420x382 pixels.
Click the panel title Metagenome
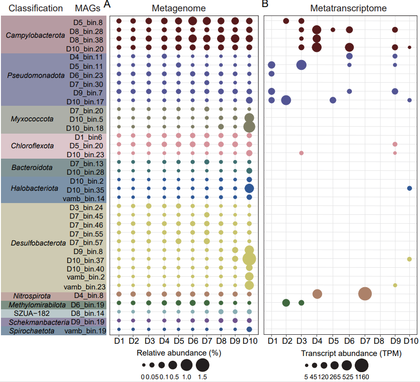[x=179, y=8]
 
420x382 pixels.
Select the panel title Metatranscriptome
[x=349, y=8]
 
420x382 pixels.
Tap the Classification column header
[x=35, y=8]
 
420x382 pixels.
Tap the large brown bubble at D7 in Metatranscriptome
[x=365, y=294]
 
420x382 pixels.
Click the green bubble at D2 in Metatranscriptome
[x=286, y=303]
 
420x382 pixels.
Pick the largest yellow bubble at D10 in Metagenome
[x=249, y=259]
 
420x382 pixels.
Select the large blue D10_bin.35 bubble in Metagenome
[x=249, y=188]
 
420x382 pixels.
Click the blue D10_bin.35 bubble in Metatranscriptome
[x=410, y=188]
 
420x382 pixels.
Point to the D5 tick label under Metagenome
[x=178, y=341]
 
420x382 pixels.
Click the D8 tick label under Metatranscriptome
[x=379, y=341]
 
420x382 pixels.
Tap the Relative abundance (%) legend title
[x=179, y=353]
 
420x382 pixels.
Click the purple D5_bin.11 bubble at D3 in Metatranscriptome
[x=301, y=65]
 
